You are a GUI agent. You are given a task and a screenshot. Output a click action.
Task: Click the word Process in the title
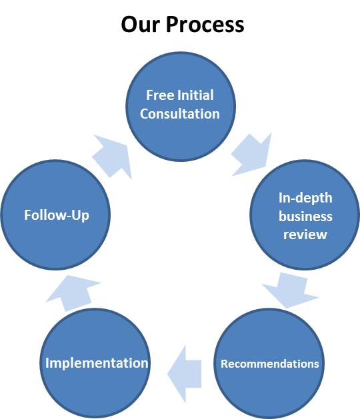[205, 24]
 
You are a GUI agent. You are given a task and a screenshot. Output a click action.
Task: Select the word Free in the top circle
[159, 95]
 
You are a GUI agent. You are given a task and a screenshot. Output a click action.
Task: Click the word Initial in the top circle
[195, 95]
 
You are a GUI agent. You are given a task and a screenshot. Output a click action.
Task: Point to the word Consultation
[180, 113]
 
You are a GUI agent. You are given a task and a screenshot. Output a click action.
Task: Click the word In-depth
[305, 199]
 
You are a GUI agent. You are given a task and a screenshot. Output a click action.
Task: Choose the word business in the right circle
[305, 216]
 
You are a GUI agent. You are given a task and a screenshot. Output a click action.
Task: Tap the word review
[305, 234]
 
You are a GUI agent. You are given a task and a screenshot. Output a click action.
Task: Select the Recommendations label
[270, 364]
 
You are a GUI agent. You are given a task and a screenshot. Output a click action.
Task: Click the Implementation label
[97, 363]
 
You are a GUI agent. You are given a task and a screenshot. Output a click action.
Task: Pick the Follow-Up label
[57, 215]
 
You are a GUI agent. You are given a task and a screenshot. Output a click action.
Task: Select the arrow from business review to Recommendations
[290, 290]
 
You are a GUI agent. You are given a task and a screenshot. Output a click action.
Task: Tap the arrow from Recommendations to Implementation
[184, 374]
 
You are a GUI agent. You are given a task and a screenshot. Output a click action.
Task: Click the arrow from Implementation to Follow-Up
[73, 293]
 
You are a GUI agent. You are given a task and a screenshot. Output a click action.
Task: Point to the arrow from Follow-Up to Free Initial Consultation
[112, 157]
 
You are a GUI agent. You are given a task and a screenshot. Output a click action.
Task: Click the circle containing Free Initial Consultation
[181, 107]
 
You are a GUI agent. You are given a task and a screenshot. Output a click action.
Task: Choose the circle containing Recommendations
[269, 364]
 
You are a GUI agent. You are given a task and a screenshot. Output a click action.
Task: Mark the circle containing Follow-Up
[55, 215]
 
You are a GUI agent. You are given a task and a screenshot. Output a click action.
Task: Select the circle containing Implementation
[95, 364]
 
